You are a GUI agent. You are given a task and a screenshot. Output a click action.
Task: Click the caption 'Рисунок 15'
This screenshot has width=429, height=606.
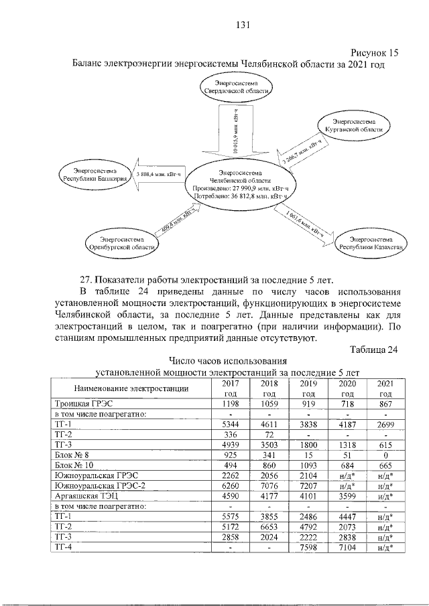(375, 52)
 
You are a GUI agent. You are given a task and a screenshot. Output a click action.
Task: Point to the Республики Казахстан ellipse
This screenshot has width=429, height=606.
(371, 242)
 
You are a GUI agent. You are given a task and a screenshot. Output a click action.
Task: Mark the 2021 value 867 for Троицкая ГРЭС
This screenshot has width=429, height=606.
(385, 404)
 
